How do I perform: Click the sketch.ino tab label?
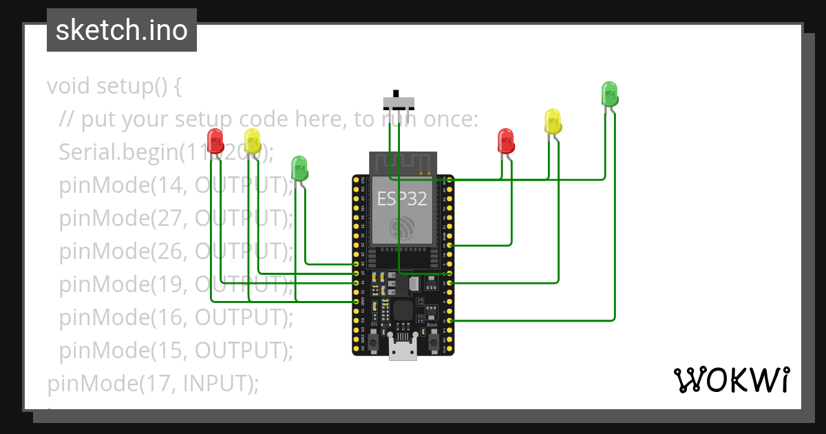coord(121,30)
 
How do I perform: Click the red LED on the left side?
coord(215,141)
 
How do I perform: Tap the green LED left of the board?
coord(299,167)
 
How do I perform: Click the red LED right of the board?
coord(506,141)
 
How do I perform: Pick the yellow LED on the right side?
coord(553,121)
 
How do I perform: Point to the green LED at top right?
coord(609,93)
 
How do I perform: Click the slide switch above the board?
coord(399,102)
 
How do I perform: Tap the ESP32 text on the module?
coord(402,199)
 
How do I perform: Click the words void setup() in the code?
coord(114,87)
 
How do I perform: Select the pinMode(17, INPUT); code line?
coord(153,383)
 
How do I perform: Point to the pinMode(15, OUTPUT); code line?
coord(176,350)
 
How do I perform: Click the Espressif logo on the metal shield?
coord(403,227)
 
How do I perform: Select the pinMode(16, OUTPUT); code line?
coord(176,317)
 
